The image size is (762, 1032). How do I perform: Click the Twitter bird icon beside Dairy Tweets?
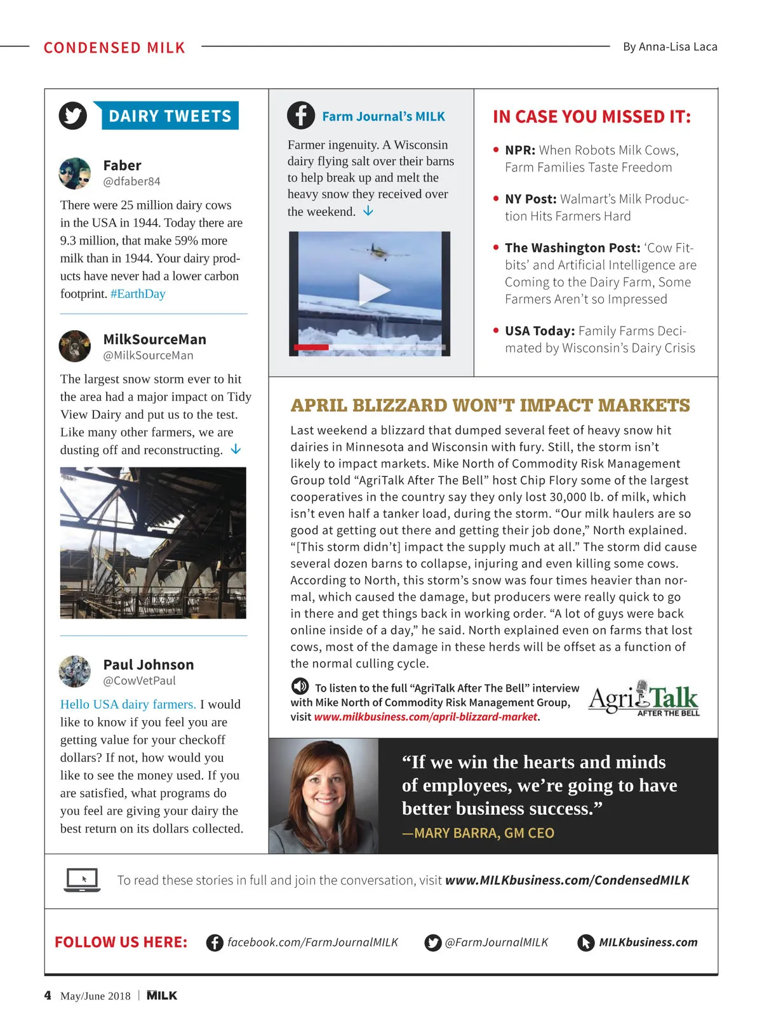73,116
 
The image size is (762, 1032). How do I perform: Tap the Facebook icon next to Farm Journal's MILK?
301,116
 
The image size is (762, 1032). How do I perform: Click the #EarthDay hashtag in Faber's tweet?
138,293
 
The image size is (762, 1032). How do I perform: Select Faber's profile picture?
75,173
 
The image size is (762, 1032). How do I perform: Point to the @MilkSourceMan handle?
148,356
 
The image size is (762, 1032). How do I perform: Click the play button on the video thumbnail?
373,290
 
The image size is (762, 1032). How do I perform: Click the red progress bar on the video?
311,347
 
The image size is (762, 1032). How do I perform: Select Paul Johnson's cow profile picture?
75,671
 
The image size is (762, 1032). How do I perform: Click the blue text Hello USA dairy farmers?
128,704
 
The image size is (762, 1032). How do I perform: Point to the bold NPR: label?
520,151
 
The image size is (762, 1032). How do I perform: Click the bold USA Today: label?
540,331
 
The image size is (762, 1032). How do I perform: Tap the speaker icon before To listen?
300,687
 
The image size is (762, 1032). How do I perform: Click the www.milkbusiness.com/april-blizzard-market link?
425,717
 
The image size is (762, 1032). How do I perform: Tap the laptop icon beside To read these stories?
83,880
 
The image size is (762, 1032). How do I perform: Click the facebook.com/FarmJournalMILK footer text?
312,942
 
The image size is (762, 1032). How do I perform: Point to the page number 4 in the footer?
48,995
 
